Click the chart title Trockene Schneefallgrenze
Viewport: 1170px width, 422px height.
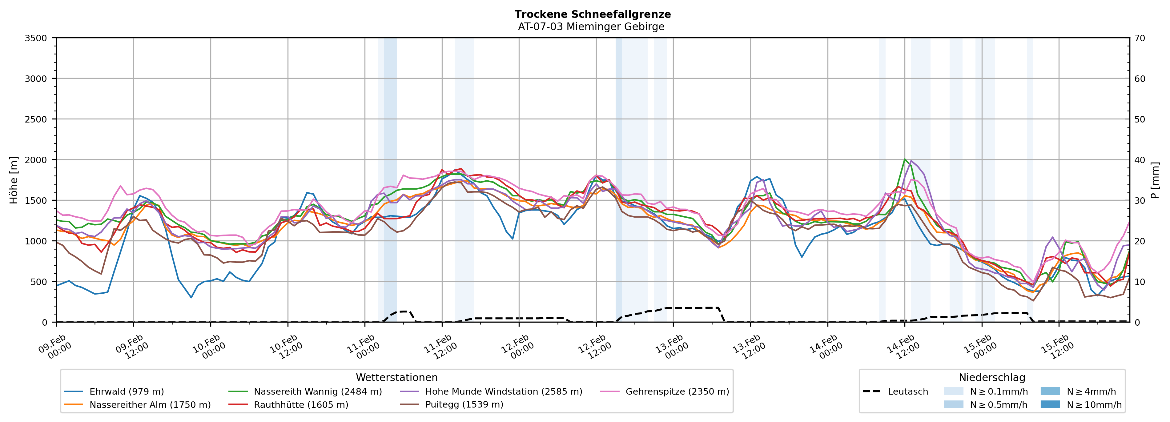[x=592, y=14]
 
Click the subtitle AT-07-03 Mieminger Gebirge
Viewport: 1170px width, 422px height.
[x=591, y=27]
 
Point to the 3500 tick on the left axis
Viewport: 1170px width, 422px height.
[x=36, y=38]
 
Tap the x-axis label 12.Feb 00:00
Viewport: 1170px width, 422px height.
[x=517, y=348]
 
